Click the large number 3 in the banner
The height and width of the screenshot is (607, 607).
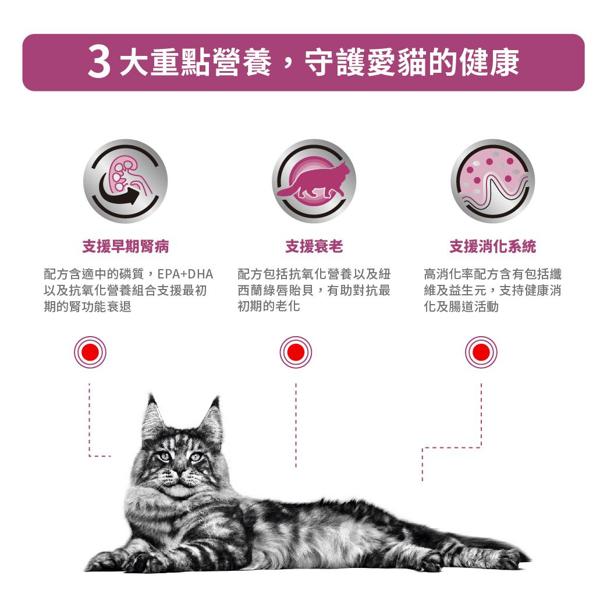[100, 63]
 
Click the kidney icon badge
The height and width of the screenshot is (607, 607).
[125, 181]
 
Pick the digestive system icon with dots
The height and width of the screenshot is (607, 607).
[492, 181]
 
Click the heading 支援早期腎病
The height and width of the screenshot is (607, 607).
[125, 247]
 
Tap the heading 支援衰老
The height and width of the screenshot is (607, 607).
[314, 247]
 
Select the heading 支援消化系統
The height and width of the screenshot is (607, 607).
[492, 247]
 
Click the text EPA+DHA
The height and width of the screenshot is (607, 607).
[186, 274]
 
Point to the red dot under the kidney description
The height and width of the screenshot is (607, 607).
[90, 352]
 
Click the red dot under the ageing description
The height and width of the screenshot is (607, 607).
[296, 352]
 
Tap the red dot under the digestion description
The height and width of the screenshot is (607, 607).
[481, 352]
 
